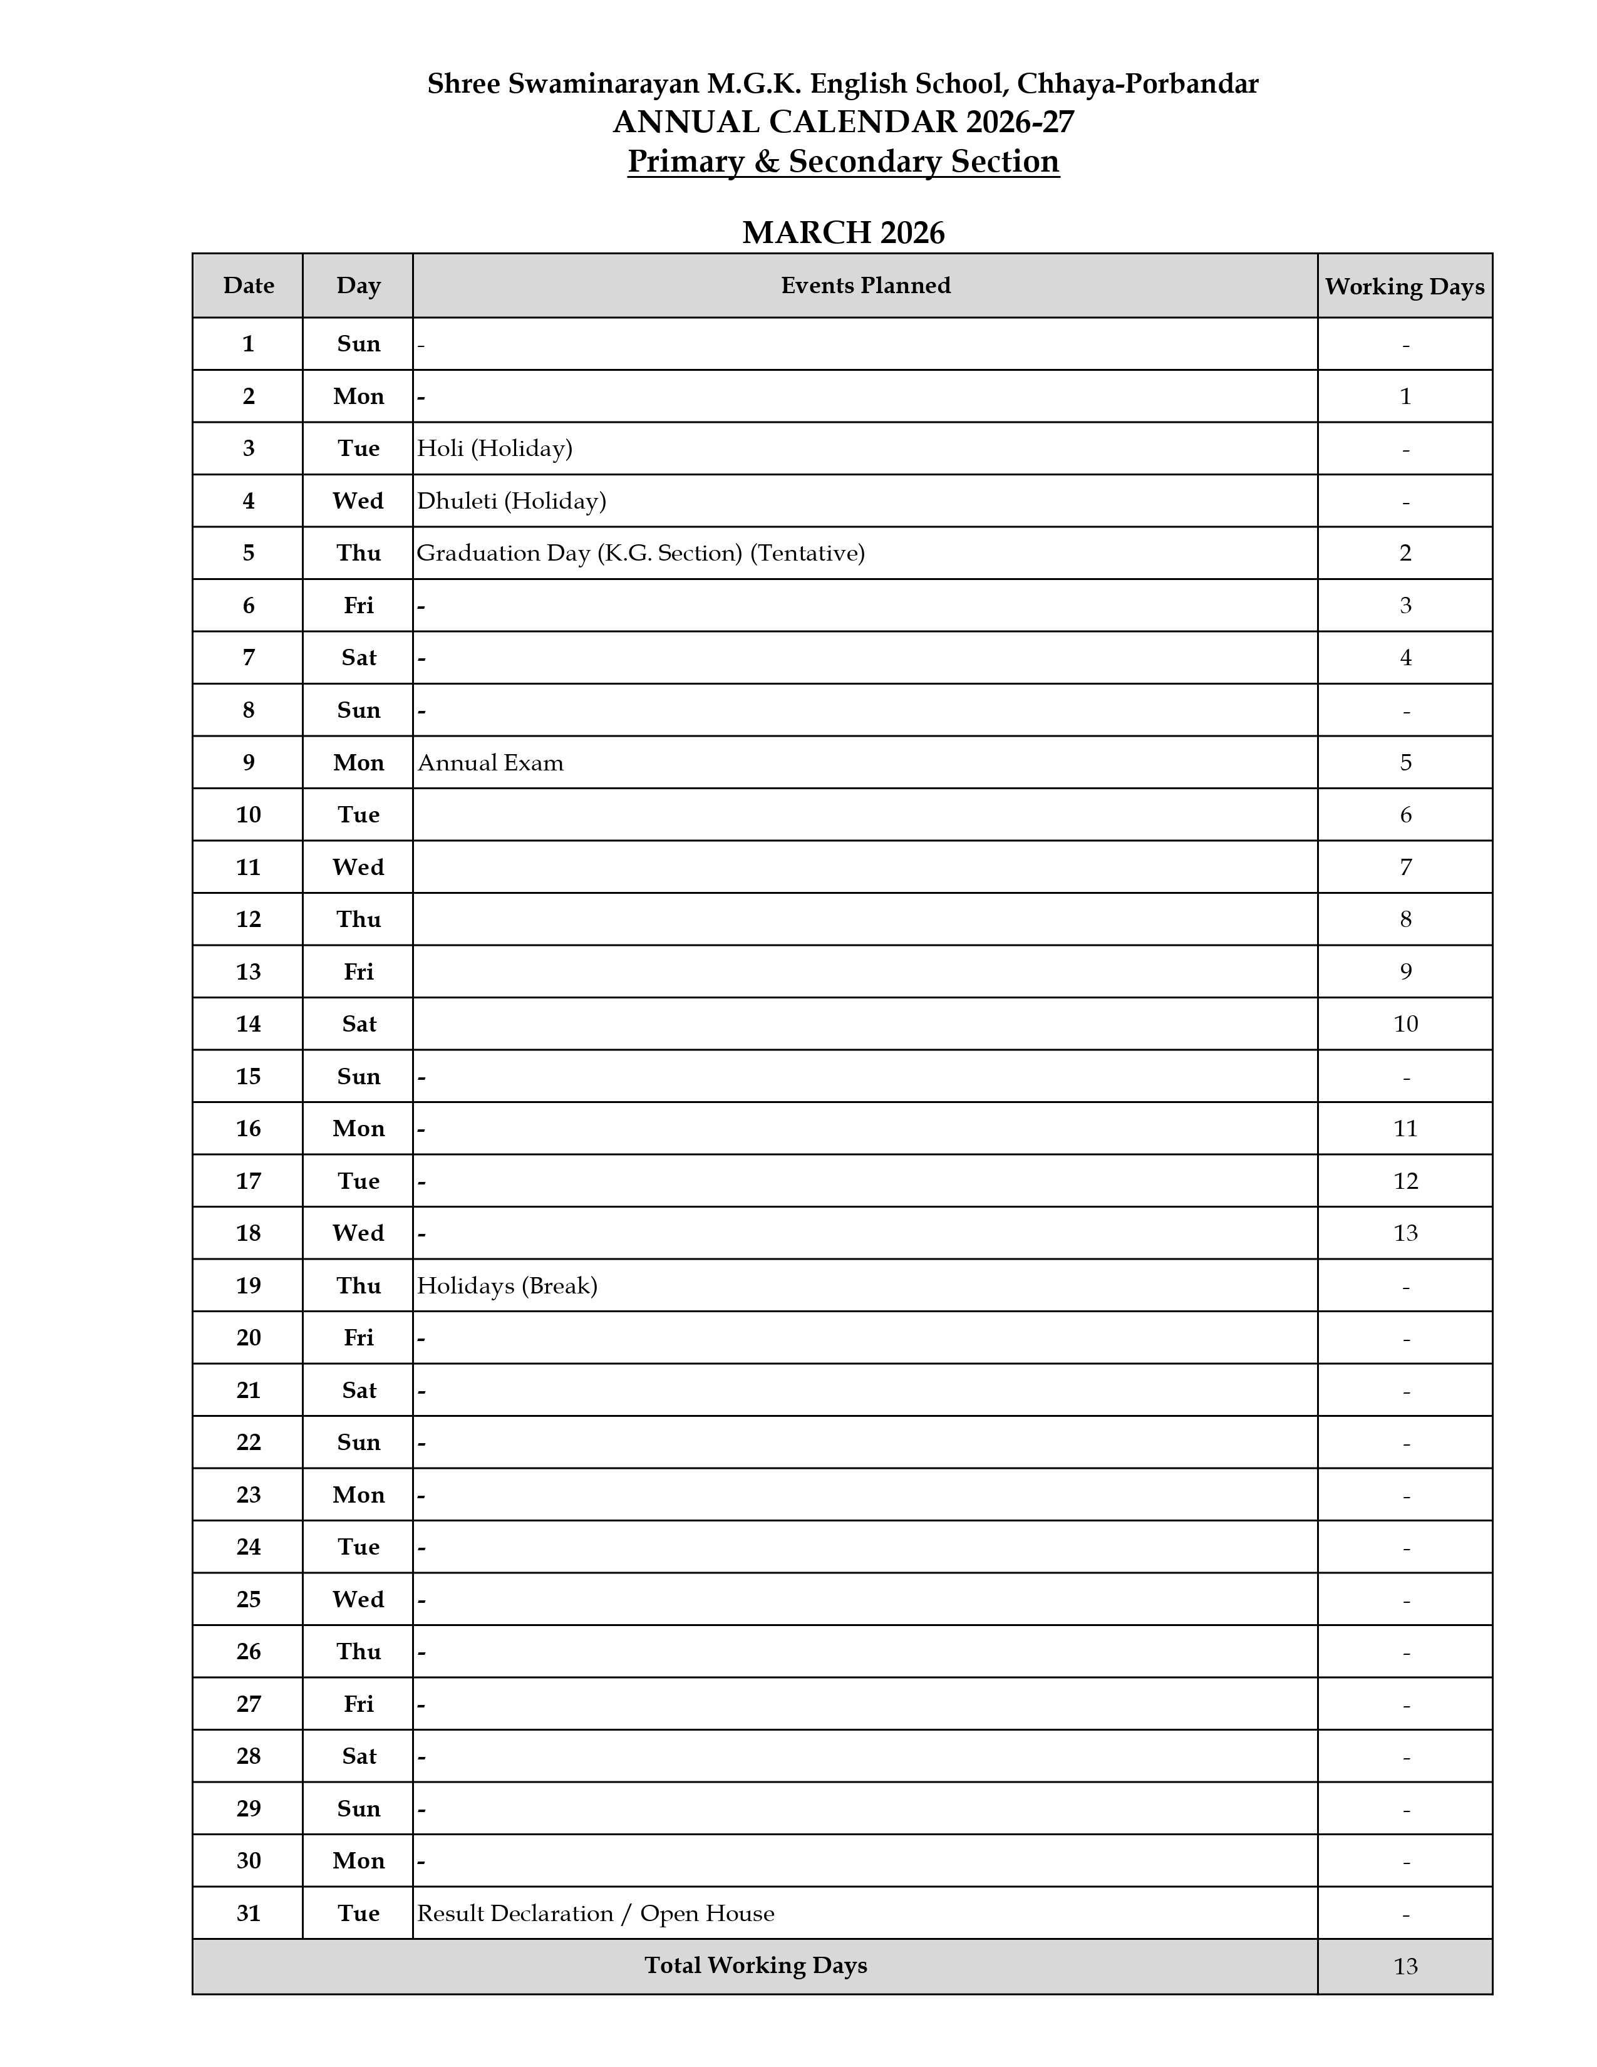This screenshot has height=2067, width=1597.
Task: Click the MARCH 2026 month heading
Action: click(x=843, y=233)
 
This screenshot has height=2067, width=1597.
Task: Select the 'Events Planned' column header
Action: click(x=865, y=286)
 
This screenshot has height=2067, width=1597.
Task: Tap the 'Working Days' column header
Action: click(x=1404, y=287)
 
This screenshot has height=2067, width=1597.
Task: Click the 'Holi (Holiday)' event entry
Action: click(x=495, y=448)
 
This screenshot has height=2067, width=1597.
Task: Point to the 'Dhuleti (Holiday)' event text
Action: click(x=512, y=500)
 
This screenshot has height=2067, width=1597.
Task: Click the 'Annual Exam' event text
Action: click(x=490, y=763)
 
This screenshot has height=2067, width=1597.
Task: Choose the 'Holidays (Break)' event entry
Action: click(x=507, y=1286)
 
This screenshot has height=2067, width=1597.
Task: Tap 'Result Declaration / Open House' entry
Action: click(x=595, y=1914)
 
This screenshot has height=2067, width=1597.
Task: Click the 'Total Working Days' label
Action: click(x=755, y=1966)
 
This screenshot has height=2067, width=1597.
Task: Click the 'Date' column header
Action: click(x=249, y=286)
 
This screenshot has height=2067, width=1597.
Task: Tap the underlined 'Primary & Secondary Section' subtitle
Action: click(x=843, y=162)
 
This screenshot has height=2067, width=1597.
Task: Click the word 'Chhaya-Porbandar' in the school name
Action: click(x=1137, y=84)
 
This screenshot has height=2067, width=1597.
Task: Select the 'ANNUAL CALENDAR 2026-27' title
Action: click(x=843, y=123)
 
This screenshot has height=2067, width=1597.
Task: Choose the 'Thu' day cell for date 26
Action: click(x=359, y=1652)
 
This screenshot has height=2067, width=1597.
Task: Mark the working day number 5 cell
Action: click(x=1405, y=763)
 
